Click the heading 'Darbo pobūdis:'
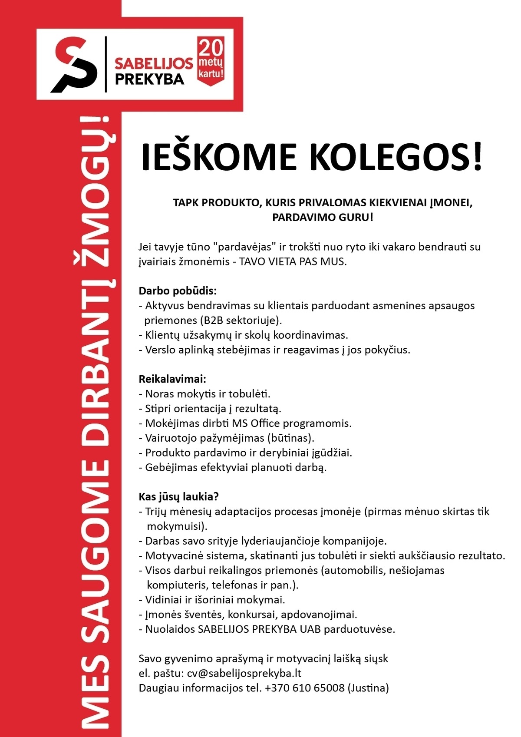[x=177, y=291]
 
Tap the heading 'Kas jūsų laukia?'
[x=178, y=496]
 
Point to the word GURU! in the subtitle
[x=357, y=217]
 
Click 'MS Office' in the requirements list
[x=251, y=423]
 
